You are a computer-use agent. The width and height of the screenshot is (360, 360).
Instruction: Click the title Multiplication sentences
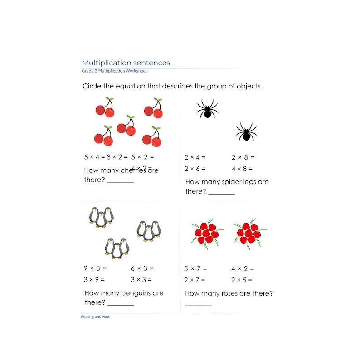coord(126,63)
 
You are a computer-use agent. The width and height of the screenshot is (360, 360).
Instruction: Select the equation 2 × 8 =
coord(243,157)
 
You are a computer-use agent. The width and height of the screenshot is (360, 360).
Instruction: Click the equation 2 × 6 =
coord(195,169)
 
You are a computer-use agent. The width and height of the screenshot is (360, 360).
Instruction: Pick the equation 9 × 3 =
coord(95,268)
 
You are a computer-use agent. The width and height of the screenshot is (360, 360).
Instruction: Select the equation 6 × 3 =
coord(142,268)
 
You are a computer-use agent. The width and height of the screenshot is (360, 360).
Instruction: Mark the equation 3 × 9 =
coord(95,280)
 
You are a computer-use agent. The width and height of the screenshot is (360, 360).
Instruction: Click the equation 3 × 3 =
coord(141,280)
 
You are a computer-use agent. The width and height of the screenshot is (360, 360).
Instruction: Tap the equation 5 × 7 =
coord(195,268)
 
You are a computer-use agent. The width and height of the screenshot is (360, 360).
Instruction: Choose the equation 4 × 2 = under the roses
coord(243,268)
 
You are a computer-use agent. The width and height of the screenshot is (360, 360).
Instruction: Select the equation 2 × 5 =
coord(243,280)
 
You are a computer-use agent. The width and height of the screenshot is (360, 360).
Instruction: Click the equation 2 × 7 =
coord(195,280)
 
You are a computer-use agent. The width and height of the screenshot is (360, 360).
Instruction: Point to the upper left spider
coord(207,109)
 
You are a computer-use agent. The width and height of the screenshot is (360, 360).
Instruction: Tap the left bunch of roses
coord(207,234)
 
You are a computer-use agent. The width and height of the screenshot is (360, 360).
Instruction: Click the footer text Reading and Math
coord(95,317)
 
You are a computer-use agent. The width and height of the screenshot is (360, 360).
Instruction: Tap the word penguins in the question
coord(133,293)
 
